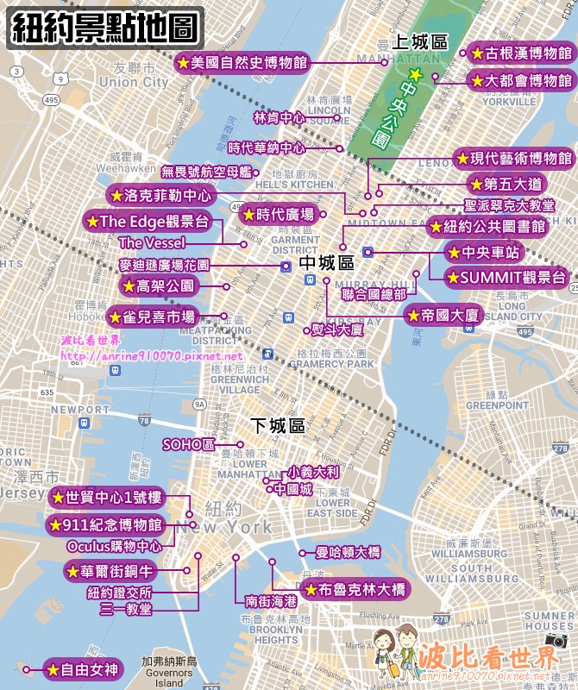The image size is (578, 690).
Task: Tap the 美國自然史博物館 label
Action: (241, 62)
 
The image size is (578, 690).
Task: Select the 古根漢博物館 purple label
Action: (521, 53)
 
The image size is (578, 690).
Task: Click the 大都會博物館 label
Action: (521, 80)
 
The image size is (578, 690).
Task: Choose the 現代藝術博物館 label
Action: (514, 159)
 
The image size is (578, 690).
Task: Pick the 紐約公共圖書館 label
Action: (488, 227)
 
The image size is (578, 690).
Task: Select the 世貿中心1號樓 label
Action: (107, 497)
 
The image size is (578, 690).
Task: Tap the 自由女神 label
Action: (79, 668)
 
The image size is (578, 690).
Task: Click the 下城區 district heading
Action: (278, 425)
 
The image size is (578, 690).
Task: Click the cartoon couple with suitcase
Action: (393, 654)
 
